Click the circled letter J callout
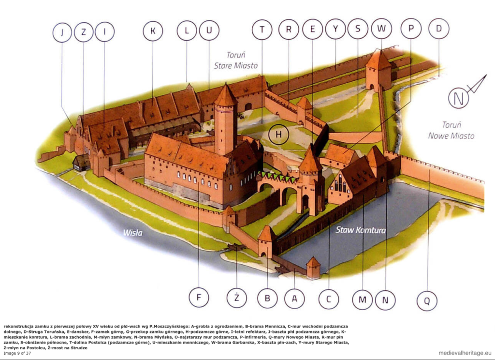pos(62,32)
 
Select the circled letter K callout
pos(153,31)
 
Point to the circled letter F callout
pos(199,298)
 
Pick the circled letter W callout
pos(382,29)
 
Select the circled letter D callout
pos(439,29)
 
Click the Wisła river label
pos(132,233)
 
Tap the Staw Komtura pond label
pos(361,230)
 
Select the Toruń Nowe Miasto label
pos(451,130)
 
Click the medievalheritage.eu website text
pos(465,353)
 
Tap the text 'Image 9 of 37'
pos(17,353)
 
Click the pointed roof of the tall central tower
pos(225,95)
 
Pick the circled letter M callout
pos(362,300)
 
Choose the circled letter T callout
pos(262,30)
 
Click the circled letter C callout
pos(329,299)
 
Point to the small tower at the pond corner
pos(313,267)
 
